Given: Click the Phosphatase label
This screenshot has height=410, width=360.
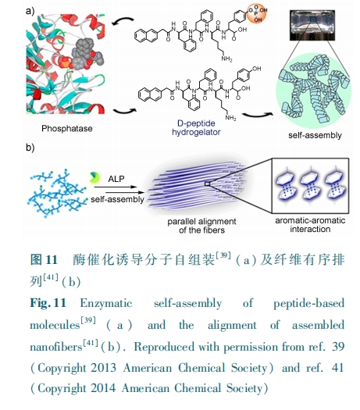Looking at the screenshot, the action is [67, 128].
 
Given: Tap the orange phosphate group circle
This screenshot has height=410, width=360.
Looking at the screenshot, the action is [256, 14].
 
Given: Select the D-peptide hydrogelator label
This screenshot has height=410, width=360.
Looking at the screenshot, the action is [196, 127].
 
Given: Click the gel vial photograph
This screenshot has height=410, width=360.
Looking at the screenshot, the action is [312, 25].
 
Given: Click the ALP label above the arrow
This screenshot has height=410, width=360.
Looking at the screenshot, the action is [116, 179].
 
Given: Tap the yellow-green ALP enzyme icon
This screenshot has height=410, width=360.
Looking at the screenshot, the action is [94, 177].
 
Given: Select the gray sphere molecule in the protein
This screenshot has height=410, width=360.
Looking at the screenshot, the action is [86, 53].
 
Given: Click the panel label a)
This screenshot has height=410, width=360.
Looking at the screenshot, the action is [30, 11].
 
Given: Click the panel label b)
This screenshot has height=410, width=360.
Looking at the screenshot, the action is [30, 148].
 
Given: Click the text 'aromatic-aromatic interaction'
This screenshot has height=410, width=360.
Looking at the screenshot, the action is [310, 225].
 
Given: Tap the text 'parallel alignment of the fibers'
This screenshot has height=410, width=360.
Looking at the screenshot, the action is [201, 226].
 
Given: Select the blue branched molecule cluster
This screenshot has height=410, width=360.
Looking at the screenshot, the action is [57, 193].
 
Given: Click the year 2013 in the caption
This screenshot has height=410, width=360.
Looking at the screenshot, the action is [103, 368].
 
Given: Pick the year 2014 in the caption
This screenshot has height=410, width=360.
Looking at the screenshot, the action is [103, 388].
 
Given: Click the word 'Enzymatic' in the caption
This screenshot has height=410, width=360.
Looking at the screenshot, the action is [106, 303].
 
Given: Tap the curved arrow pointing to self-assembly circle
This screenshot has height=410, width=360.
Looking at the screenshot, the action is [257, 115].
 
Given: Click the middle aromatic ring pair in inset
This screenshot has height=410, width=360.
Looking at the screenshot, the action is [310, 186].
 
